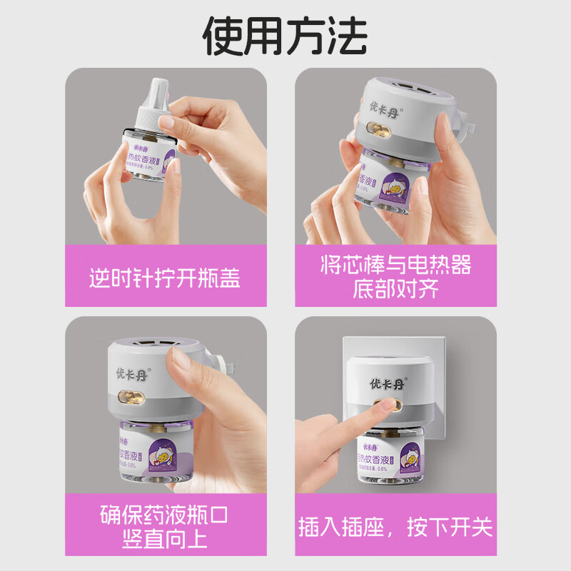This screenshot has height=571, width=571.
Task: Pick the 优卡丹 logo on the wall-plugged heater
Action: (380, 380)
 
